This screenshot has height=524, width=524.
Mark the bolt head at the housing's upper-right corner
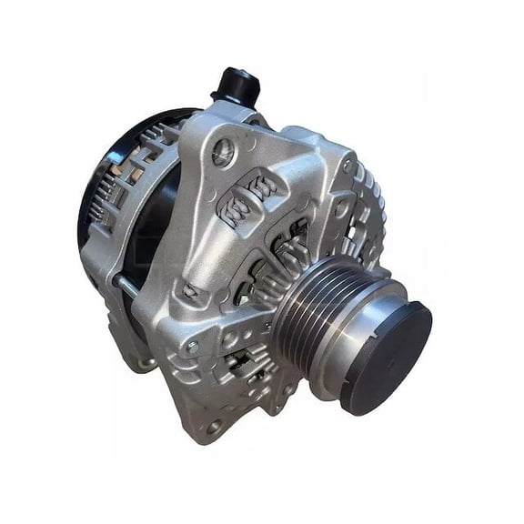(x=348, y=165)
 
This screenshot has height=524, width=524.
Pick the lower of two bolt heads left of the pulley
(x=192, y=347)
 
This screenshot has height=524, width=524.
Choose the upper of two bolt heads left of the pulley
(x=190, y=291)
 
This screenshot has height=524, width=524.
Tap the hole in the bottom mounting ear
(x=214, y=425)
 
